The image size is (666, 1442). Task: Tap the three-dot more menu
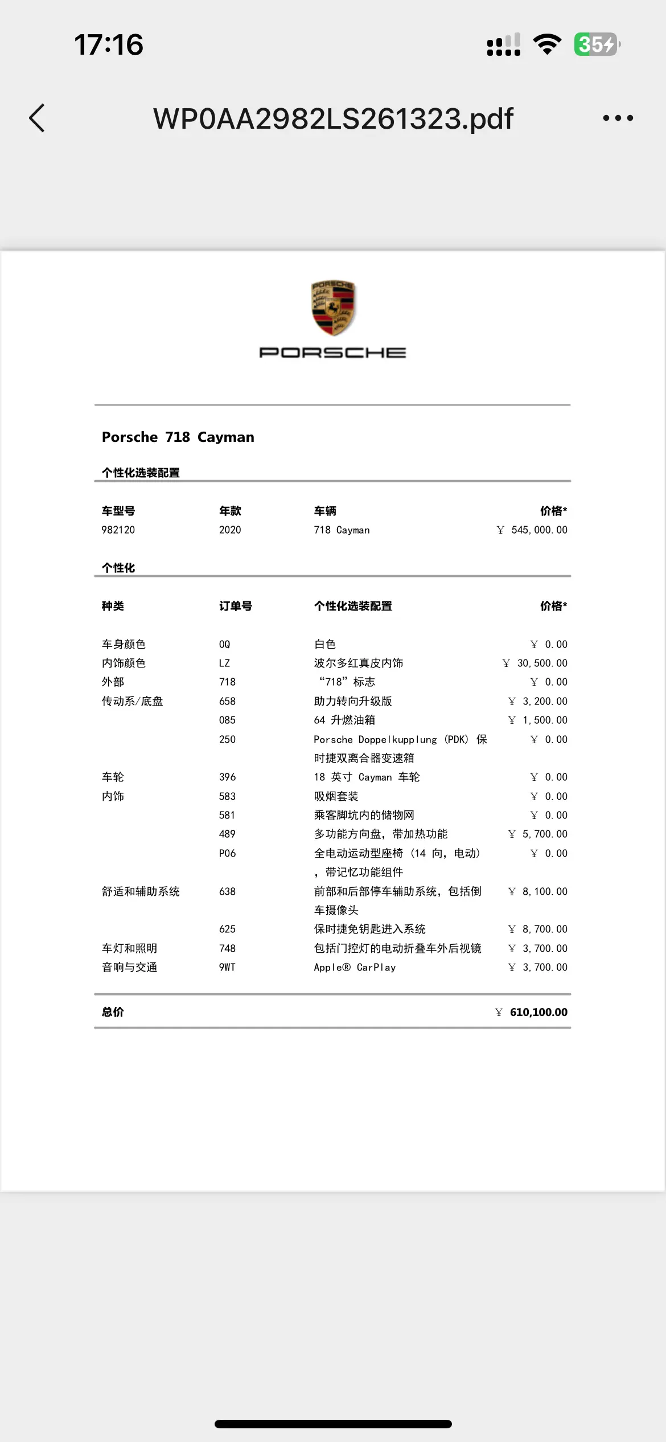[618, 118]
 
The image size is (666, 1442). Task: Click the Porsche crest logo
[333, 308]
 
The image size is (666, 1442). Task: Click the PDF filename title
[333, 118]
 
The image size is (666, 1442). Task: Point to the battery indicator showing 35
[597, 44]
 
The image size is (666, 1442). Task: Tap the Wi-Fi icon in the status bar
[547, 44]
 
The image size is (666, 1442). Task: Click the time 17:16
[109, 44]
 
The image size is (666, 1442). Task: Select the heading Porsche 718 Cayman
[178, 437]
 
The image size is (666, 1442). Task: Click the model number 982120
[118, 530]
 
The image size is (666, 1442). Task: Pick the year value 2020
[230, 530]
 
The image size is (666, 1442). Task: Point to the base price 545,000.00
[538, 530]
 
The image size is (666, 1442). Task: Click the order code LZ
[224, 663]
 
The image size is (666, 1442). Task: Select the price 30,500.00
[541, 663]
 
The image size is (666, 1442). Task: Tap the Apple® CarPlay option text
[355, 967]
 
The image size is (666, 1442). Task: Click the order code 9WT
[227, 967]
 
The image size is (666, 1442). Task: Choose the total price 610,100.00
[538, 1012]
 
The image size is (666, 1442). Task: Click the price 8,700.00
[544, 929]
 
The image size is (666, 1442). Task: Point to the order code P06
[227, 853]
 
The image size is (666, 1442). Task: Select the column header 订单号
[236, 606]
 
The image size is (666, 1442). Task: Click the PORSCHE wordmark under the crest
[333, 353]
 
